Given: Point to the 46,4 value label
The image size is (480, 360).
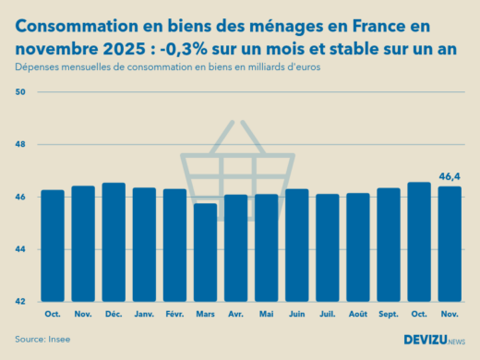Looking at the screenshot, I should pyautogui.click(x=449, y=175).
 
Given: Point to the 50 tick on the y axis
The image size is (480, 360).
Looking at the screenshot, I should pyautogui.click(x=20, y=92).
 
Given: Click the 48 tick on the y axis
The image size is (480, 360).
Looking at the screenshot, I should pyautogui.click(x=20, y=145).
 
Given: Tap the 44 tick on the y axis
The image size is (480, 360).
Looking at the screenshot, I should pyautogui.click(x=20, y=249).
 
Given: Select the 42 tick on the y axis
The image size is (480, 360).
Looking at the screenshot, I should pyautogui.click(x=20, y=302).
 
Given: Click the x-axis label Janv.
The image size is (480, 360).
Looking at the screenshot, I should pyautogui.click(x=144, y=314).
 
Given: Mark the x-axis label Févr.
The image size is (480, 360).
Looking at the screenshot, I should pyautogui.click(x=174, y=314).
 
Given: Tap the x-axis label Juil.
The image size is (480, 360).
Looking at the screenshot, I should pyautogui.click(x=327, y=314).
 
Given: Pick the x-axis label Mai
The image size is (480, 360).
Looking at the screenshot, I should pyautogui.click(x=266, y=314).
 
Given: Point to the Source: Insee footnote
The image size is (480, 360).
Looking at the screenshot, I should pyautogui.click(x=42, y=339).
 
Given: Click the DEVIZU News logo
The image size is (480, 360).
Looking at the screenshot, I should pyautogui.click(x=434, y=339).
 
